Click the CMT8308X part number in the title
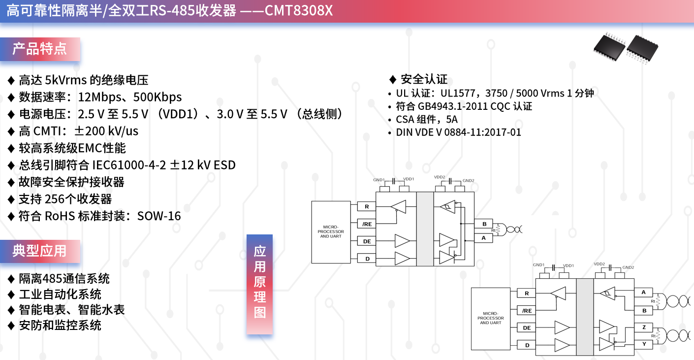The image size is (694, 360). pos(299,10)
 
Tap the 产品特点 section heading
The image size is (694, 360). pos(40,49)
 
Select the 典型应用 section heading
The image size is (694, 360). pos(40,251)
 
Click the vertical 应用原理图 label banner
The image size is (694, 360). pos(259,284)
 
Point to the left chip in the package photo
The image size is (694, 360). pos(609,47)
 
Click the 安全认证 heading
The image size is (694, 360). pos(424,79)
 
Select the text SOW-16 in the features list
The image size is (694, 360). pos(159,216)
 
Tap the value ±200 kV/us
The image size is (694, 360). pos(106,131)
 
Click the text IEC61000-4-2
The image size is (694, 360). pos(129,165)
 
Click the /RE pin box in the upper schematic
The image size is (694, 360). pos(367,224)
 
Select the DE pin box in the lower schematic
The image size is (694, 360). pos(527,328)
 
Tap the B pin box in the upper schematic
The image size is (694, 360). pos(484,224)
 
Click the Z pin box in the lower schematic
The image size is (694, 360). pos(644,327)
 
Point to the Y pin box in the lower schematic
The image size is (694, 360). pos(644,344)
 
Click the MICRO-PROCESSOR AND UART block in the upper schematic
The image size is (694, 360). pos(331,232)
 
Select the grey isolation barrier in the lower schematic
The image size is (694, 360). pos(585,317)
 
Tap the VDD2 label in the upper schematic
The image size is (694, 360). pos(440,177)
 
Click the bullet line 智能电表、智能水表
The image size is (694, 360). pos(72,310)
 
